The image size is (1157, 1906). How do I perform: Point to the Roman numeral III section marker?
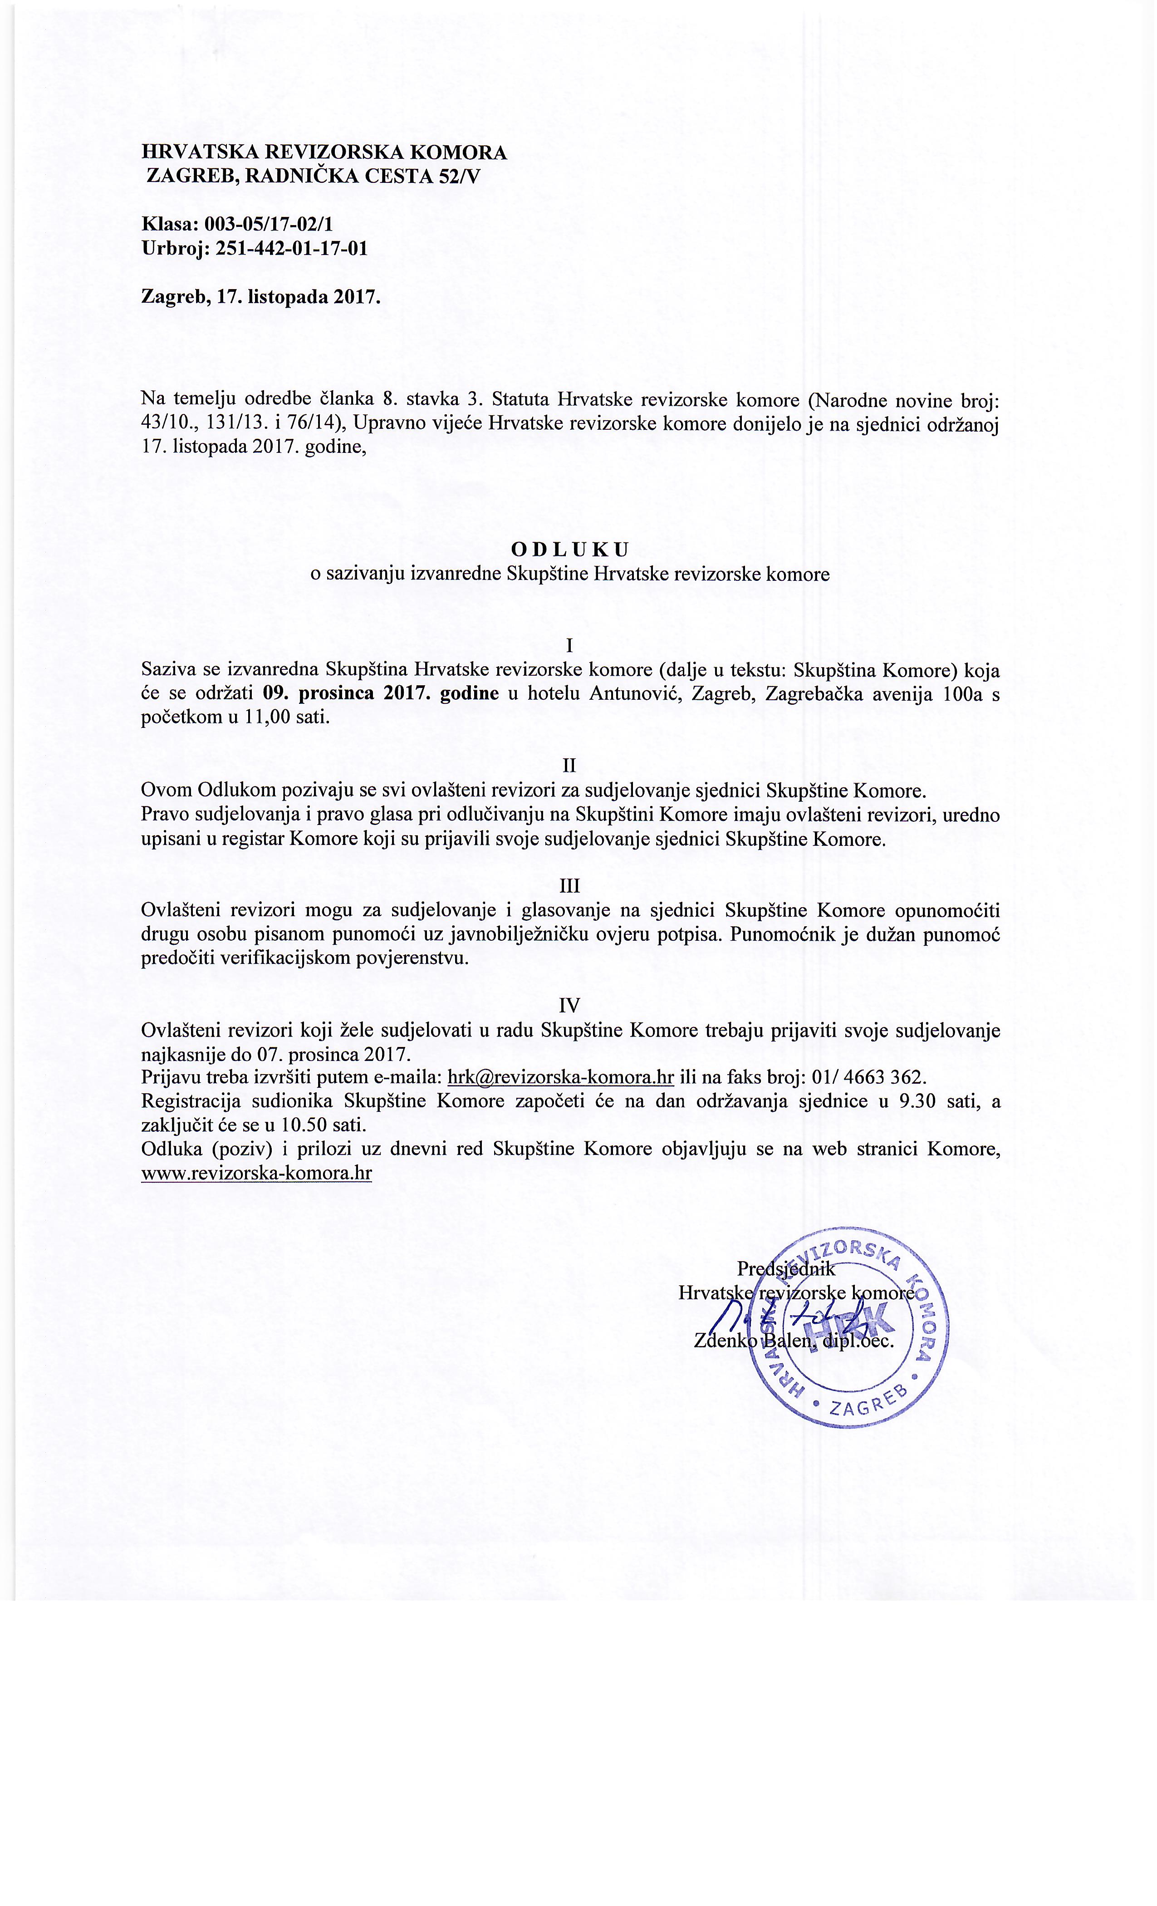pos(570,886)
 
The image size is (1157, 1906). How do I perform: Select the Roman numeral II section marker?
pos(570,766)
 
